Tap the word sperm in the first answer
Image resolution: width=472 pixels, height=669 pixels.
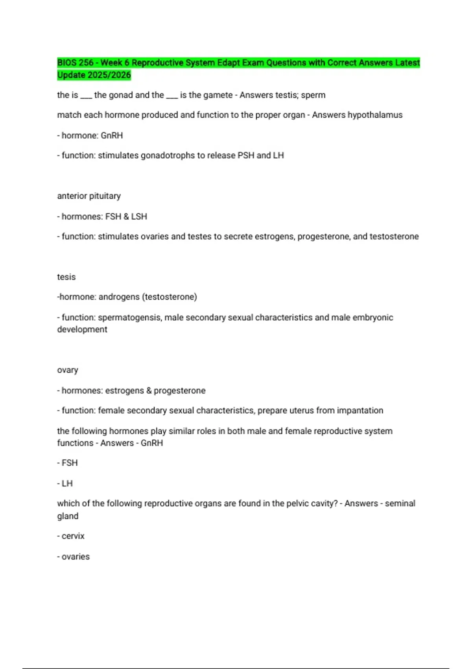pyautogui.click(x=313, y=95)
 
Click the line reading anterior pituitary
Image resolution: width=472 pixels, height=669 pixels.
pyautogui.click(x=89, y=196)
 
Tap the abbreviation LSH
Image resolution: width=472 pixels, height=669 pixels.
pyautogui.click(x=139, y=216)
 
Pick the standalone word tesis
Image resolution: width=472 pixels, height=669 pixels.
pyautogui.click(x=66, y=277)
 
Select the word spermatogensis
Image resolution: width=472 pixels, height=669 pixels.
pyautogui.click(x=129, y=317)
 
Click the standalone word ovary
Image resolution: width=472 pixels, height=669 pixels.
pyautogui.click(x=68, y=370)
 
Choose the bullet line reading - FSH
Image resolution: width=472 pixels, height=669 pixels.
pyautogui.click(x=67, y=463)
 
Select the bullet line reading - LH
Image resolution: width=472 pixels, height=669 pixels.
pyautogui.click(x=65, y=483)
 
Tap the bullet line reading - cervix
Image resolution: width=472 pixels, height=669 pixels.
pyautogui.click(x=71, y=536)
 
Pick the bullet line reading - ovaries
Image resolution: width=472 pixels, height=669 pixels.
pyautogui.click(x=74, y=556)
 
